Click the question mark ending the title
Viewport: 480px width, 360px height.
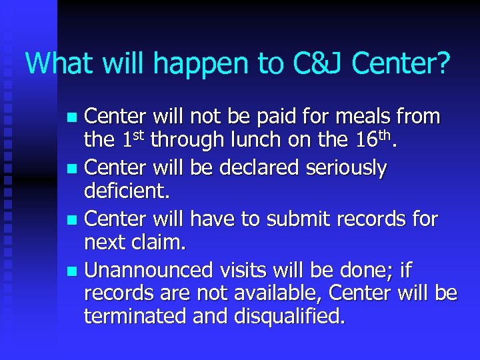[x=443, y=63]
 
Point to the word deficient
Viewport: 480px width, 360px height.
[x=127, y=192]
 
